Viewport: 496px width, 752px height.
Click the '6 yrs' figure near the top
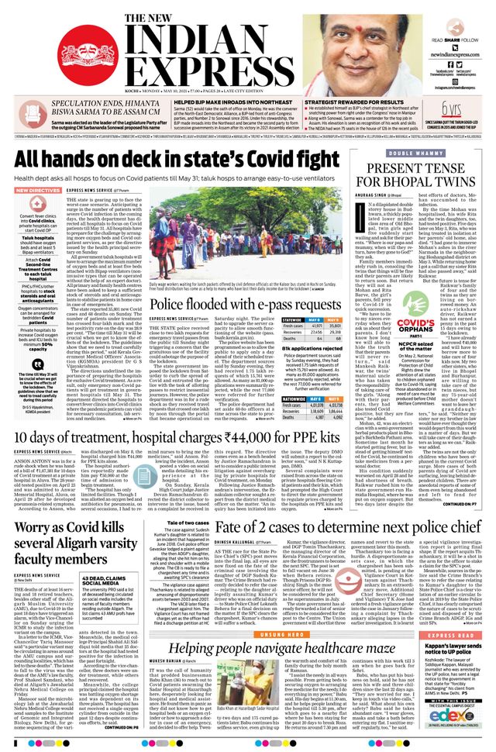point(447,109)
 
